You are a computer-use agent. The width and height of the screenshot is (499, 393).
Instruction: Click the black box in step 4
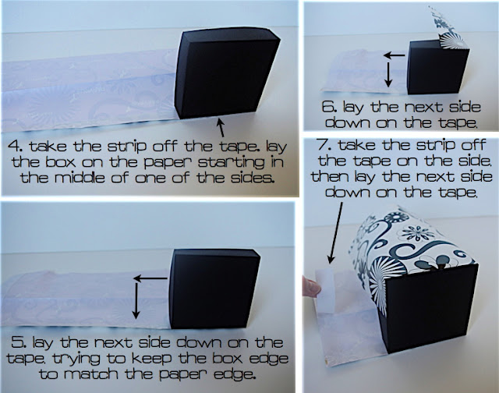[226, 74]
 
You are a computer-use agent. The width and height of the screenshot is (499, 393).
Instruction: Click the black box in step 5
[214, 289]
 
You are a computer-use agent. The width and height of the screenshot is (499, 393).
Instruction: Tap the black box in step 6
[438, 69]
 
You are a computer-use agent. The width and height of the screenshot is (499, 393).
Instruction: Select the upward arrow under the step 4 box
[221, 127]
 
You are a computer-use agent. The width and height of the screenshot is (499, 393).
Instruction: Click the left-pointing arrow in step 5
[150, 278]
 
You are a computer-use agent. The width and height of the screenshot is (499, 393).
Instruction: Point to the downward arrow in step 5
[136, 301]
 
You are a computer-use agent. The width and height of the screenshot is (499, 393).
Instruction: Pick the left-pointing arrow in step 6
[395, 55]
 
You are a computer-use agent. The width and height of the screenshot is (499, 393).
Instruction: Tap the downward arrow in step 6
[388, 74]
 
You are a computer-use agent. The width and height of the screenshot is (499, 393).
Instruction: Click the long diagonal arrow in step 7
[335, 233]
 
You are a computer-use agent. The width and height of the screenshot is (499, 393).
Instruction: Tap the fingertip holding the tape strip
[310, 286]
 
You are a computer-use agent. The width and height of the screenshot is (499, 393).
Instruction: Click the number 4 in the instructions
[15, 146]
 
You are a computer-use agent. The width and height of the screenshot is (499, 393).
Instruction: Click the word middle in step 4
[80, 178]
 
